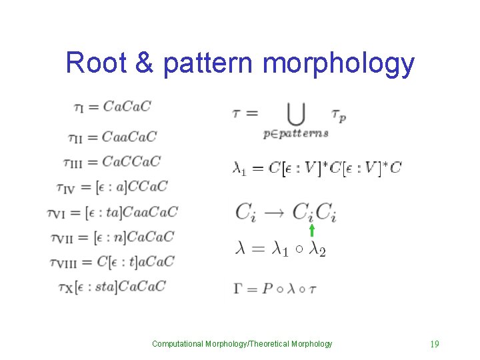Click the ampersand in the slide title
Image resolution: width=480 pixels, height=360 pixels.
[145, 63]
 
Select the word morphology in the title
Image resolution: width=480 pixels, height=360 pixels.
[339, 63]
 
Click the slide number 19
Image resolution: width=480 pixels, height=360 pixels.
[434, 344]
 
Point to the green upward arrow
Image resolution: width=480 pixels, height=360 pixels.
[311, 231]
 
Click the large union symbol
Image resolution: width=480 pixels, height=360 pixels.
[295, 113]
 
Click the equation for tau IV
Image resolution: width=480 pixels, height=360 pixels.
[116, 187]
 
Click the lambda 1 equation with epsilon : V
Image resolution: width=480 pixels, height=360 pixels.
[317, 168]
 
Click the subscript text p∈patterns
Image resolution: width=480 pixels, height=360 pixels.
[296, 133]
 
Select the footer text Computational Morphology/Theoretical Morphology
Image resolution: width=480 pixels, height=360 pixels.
[242, 344]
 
